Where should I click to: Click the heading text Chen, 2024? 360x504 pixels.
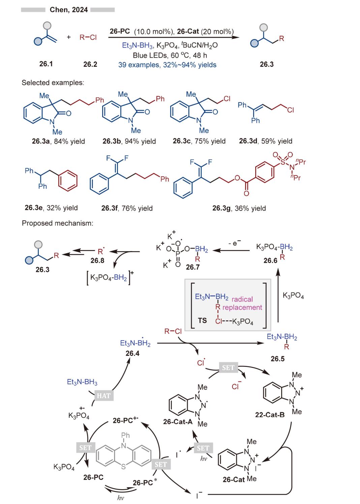point(69,10)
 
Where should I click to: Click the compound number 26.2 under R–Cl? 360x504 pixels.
point(90,64)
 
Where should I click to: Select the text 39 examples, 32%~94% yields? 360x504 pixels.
point(167,65)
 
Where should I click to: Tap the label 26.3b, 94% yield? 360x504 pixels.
point(129,141)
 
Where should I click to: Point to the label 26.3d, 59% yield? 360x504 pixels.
point(266,141)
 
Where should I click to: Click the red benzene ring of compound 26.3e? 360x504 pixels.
point(68,181)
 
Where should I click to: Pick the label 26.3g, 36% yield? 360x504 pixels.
point(239,208)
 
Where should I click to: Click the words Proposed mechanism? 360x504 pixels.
point(57,223)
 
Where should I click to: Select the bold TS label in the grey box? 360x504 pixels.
point(202,320)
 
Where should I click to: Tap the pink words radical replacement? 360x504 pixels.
point(247,303)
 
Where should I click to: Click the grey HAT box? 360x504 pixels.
point(103,395)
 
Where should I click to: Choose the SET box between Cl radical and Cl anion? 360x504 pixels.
point(228,368)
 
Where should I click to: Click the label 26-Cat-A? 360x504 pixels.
point(178,422)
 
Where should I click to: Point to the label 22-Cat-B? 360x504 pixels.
point(270,415)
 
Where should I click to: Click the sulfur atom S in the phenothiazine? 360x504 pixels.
point(123,467)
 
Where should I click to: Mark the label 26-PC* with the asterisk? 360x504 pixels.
point(145,482)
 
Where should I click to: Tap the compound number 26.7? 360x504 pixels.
point(193,267)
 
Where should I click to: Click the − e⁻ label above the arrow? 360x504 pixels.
point(235,243)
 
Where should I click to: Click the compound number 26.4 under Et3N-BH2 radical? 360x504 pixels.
point(132,353)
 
